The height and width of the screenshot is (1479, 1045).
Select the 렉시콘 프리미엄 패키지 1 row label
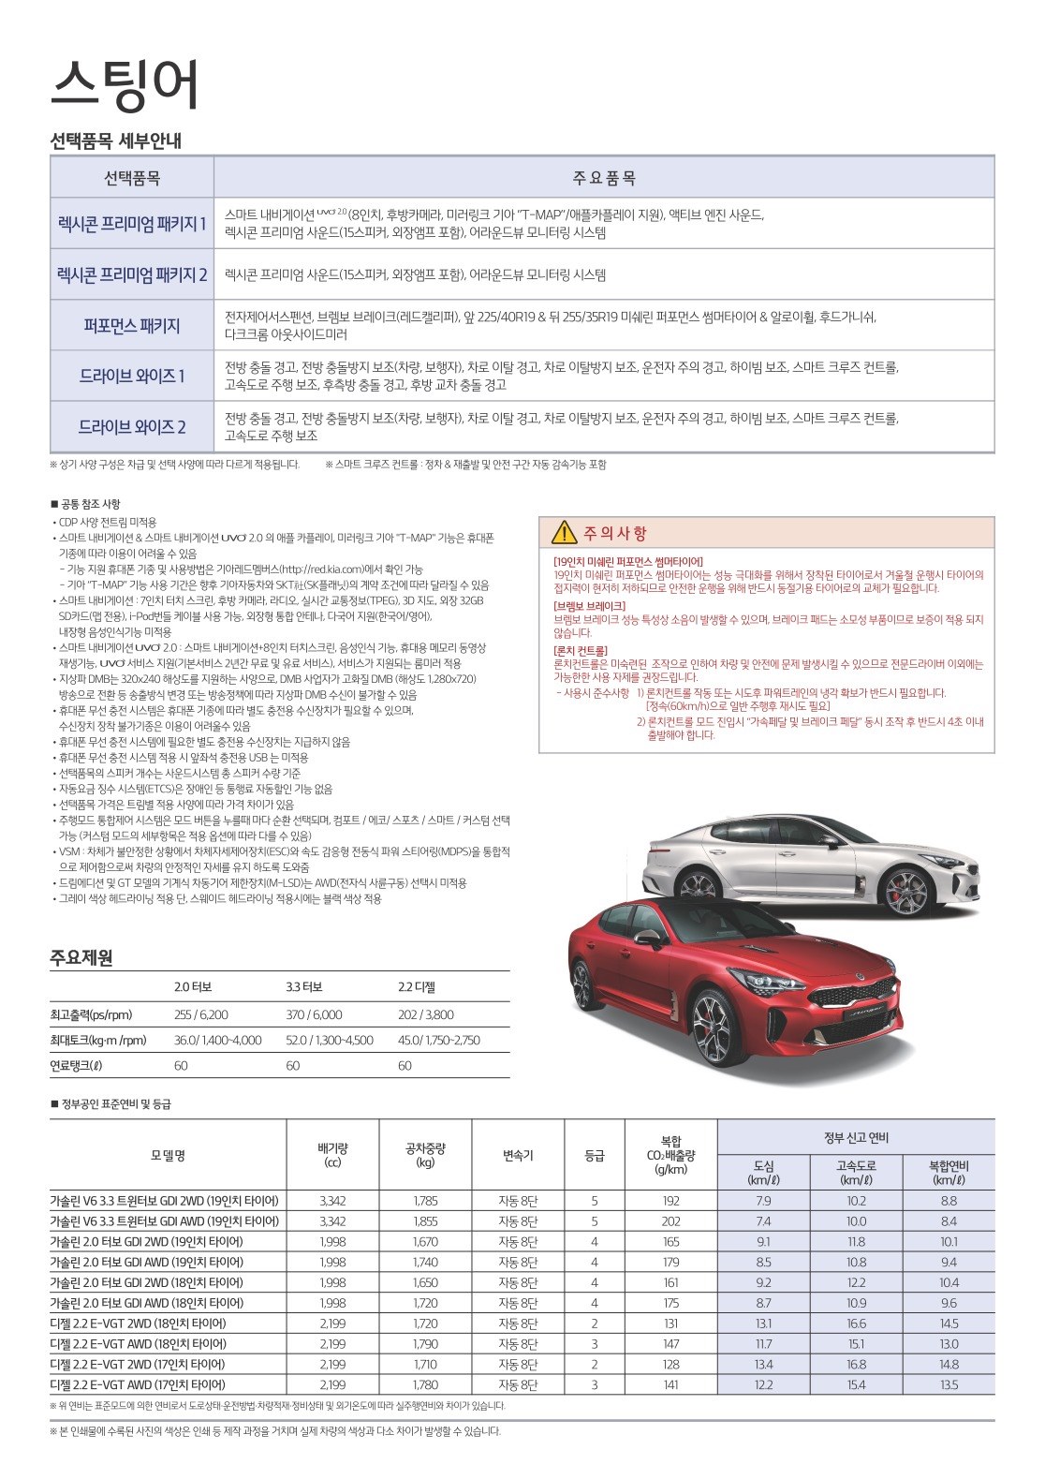(131, 223)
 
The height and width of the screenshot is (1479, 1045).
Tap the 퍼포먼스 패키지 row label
(131, 326)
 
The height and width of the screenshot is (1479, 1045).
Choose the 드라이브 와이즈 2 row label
(131, 427)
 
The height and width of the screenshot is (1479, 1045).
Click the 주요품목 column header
(604, 177)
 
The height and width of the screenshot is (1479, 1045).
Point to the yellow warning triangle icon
(564, 533)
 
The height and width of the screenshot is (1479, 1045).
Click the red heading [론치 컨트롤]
(581, 650)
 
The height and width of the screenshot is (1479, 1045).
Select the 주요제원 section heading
(81, 957)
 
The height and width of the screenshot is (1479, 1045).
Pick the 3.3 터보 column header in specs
(304, 987)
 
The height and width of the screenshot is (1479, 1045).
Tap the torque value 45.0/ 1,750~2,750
(438, 1040)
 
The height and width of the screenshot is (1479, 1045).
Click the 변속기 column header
(518, 1156)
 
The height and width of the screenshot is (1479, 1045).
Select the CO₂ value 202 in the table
(670, 1221)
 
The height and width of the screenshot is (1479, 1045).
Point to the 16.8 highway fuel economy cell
(856, 1364)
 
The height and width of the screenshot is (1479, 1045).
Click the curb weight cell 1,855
(425, 1221)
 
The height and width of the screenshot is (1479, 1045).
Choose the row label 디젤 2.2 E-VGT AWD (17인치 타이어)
(138, 1384)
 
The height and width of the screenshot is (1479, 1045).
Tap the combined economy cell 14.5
(949, 1324)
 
